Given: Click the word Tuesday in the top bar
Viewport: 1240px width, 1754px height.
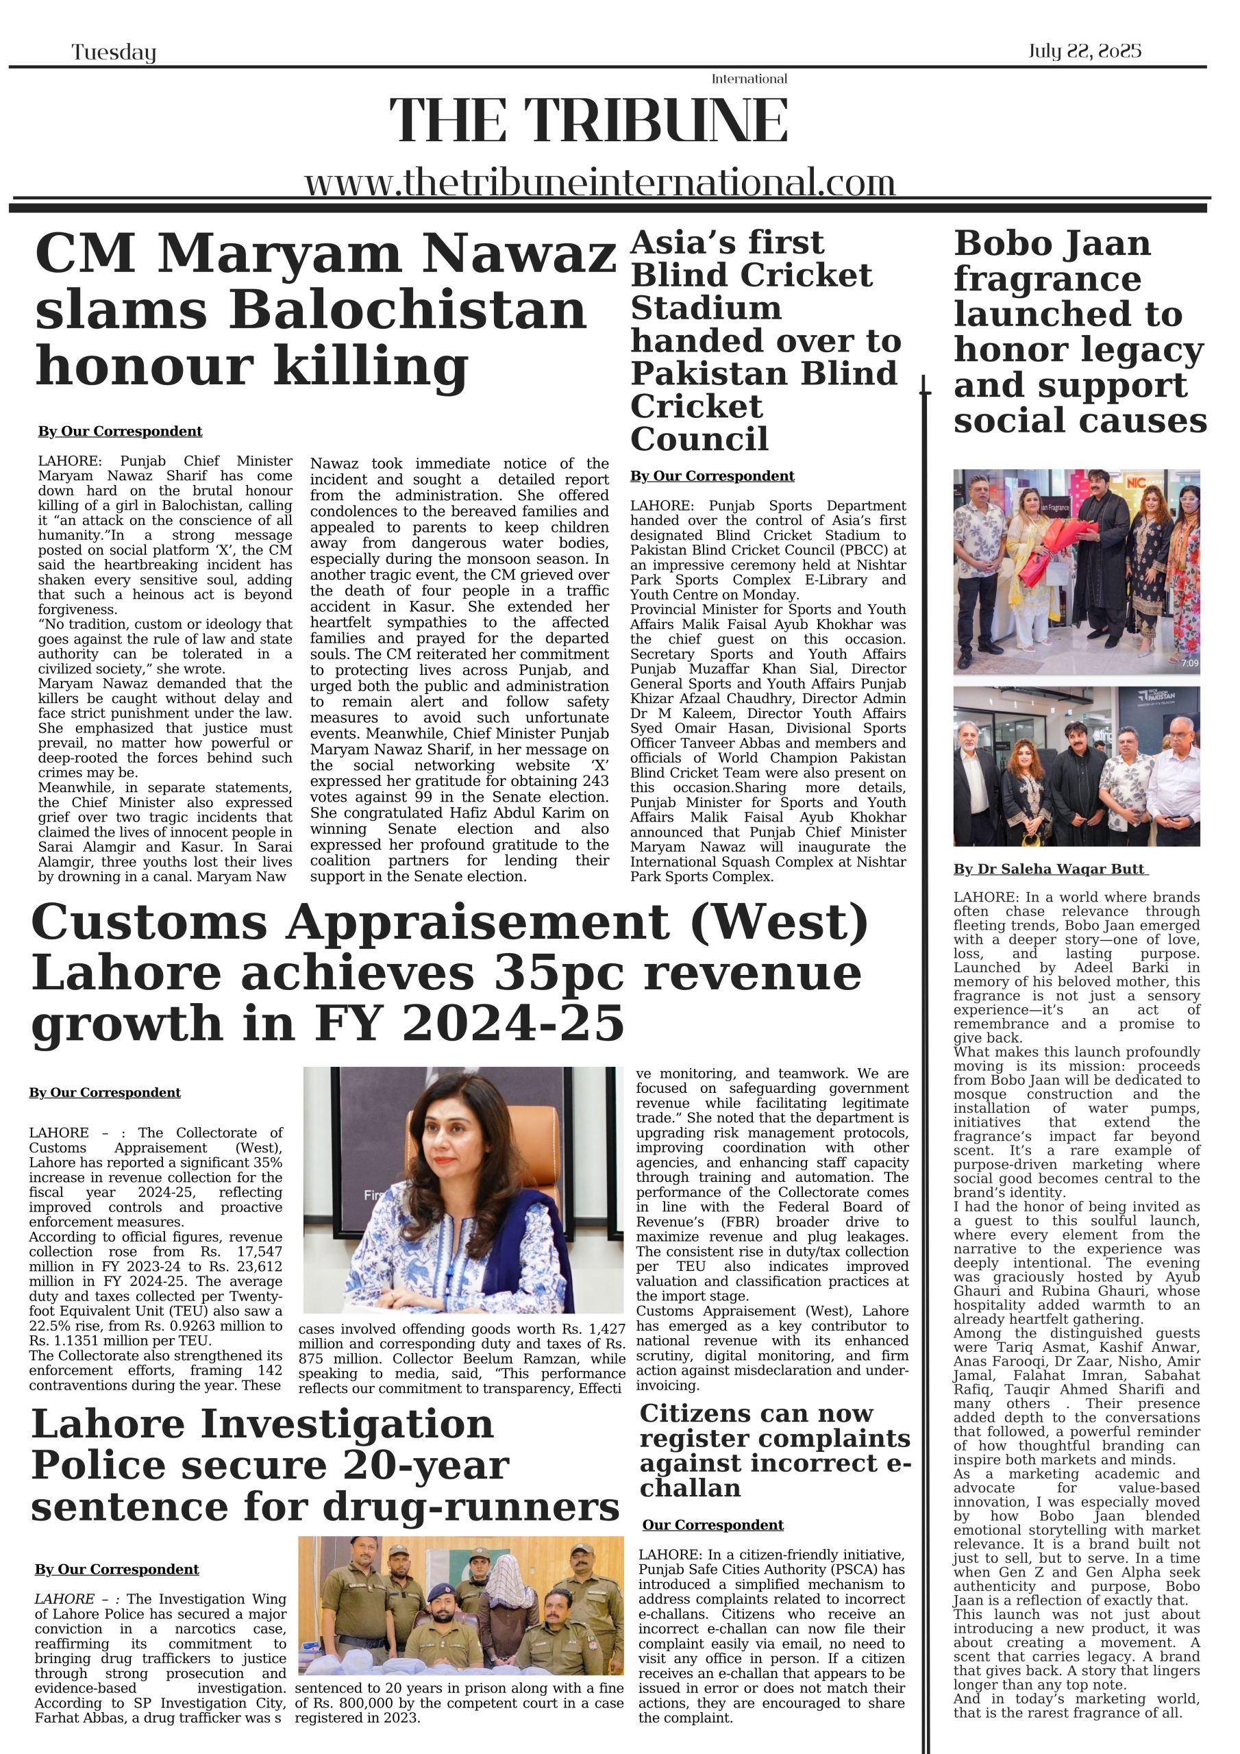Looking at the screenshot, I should click(114, 53).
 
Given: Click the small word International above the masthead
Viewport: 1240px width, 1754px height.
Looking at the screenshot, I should click(749, 79).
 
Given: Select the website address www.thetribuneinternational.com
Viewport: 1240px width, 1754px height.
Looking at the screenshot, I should click(599, 184).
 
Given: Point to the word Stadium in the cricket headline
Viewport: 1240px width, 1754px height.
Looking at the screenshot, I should click(706, 308).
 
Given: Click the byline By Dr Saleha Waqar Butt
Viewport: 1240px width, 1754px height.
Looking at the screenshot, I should click(1049, 869).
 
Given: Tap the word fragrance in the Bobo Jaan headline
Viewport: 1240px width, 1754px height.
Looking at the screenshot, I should click(1047, 279).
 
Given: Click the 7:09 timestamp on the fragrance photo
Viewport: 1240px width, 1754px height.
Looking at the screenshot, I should click(1189, 663).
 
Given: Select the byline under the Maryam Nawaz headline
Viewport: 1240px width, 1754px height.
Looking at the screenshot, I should click(120, 432).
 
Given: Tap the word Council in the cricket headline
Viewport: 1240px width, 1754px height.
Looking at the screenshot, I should click(699, 439).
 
